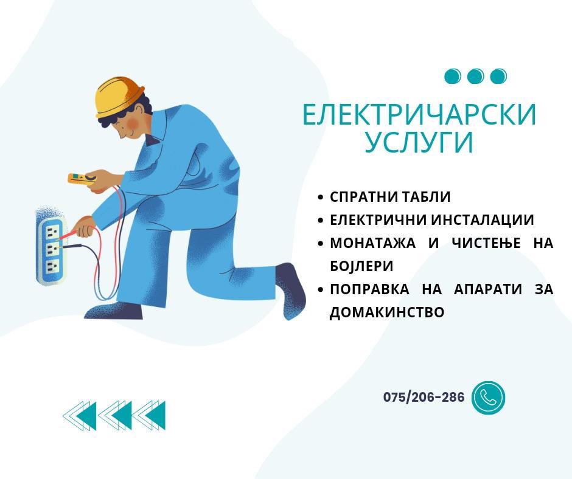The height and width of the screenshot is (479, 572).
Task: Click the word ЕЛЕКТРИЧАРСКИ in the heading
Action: tap(419, 115)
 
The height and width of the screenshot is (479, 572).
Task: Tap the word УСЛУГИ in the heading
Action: tap(419, 142)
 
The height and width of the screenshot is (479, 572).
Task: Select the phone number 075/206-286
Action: tap(424, 397)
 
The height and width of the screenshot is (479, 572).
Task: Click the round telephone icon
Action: tap(488, 398)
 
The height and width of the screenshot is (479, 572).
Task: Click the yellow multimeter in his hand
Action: tap(82, 179)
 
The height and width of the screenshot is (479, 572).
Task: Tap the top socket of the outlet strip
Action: tap(52, 230)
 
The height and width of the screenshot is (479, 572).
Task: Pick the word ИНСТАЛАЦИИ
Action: tap(483, 220)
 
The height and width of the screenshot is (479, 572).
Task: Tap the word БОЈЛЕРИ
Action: tap(361, 266)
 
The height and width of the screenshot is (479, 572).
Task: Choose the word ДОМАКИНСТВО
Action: tap(387, 312)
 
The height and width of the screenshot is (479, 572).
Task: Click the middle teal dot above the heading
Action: tap(475, 76)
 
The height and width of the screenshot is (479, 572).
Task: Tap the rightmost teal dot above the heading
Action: tap(498, 76)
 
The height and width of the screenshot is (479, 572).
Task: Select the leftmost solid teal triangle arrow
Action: tap(88, 416)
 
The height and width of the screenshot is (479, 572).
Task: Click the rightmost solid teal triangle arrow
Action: tap(157, 416)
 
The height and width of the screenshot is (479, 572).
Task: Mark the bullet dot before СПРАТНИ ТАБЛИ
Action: tap(321, 198)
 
